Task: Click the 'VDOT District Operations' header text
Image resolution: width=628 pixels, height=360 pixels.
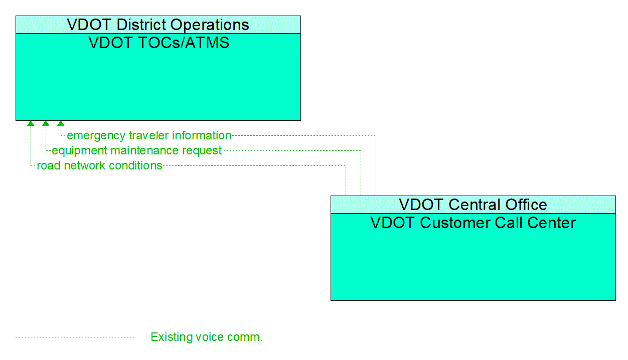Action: [x=158, y=25]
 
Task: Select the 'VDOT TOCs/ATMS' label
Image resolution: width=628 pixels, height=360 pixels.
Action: [x=159, y=43]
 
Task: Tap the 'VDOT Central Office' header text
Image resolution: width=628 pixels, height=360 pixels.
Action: [x=473, y=205]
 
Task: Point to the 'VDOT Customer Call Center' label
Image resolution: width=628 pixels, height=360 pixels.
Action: [x=473, y=223]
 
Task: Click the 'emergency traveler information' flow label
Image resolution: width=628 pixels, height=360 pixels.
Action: [x=149, y=135]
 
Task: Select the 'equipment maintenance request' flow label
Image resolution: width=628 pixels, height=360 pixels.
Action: [x=137, y=151]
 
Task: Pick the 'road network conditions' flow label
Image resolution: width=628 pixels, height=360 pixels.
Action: [x=99, y=165]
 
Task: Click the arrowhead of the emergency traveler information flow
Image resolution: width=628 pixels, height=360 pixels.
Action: [x=61, y=123]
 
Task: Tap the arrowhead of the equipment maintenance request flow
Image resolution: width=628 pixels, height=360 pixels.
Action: [x=46, y=123]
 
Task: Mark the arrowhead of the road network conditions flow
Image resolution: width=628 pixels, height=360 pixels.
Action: [x=31, y=123]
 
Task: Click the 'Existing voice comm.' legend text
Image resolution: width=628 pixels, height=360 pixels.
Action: [x=207, y=337]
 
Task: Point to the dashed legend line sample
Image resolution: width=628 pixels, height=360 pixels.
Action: [x=75, y=337]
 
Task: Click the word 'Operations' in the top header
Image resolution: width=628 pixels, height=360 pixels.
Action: [x=210, y=25]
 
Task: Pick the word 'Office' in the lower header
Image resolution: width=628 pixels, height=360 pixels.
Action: [x=526, y=205]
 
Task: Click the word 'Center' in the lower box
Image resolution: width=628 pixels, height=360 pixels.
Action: [x=551, y=223]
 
